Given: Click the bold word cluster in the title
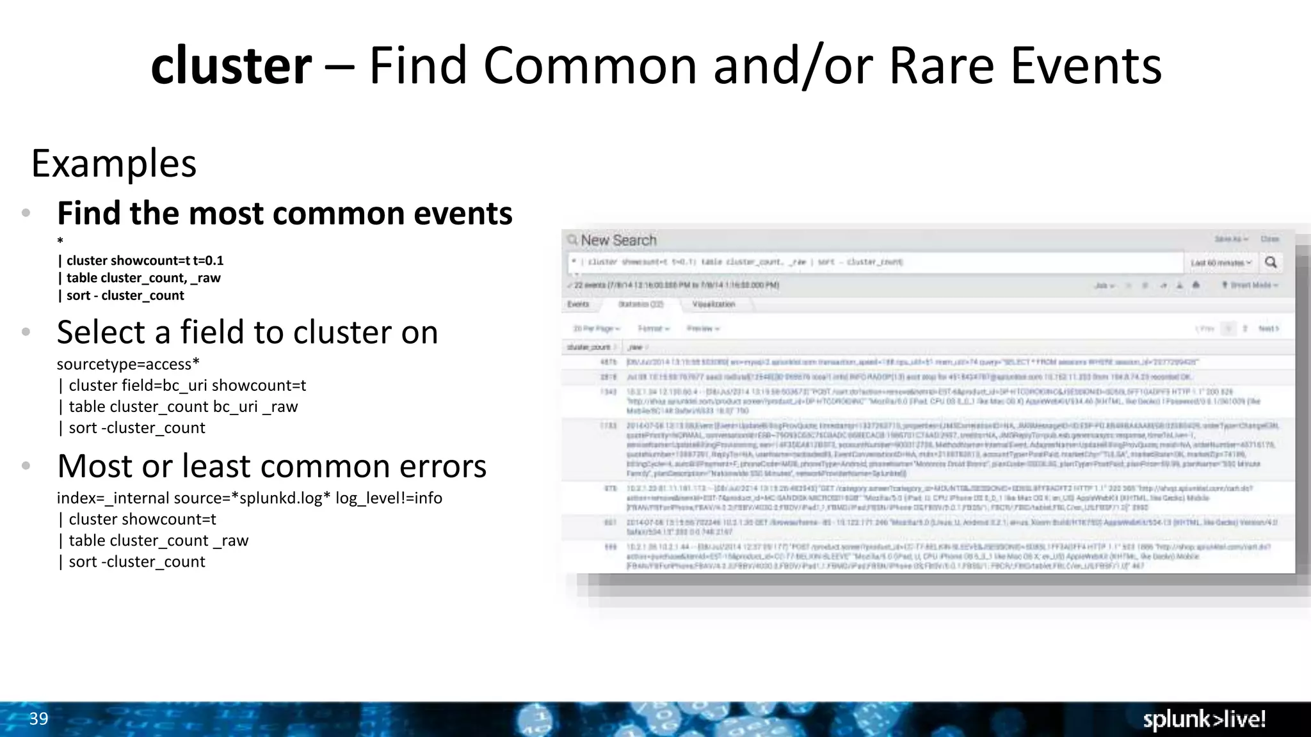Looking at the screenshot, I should (x=231, y=66).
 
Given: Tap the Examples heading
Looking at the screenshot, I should (x=114, y=164).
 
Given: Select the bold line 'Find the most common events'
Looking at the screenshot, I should (x=285, y=213).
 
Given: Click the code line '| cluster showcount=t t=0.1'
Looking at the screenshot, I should (x=141, y=260).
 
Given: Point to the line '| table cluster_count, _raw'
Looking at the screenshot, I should (x=139, y=278).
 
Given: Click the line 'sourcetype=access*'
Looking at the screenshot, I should (x=128, y=364).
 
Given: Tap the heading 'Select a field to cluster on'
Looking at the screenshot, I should (x=247, y=332).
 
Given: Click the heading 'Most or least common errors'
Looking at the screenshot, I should (x=271, y=466).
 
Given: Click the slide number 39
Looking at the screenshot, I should (x=38, y=718).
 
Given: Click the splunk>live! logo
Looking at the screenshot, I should (x=1204, y=720).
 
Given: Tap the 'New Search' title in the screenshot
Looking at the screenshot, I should (x=618, y=241).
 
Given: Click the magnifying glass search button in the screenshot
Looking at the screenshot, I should (x=1271, y=262).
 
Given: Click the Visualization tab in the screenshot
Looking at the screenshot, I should (x=713, y=305).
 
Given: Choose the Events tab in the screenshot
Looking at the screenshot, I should (x=578, y=305).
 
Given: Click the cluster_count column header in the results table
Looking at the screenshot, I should (x=589, y=347).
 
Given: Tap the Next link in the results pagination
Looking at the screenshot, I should (x=1267, y=329).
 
